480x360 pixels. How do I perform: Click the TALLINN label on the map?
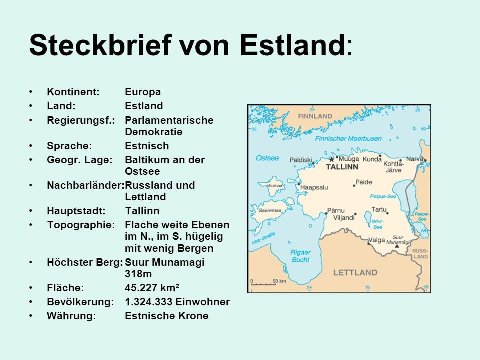click(342, 167)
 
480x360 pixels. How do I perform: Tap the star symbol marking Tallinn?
click(331, 159)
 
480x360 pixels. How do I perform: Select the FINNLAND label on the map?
click(315, 116)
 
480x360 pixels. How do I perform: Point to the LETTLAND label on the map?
click(355, 272)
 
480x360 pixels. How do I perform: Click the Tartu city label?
click(379, 210)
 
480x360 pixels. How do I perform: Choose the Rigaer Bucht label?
click(300, 256)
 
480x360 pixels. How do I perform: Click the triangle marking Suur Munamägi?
click(397, 246)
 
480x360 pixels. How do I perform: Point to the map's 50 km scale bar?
click(263, 284)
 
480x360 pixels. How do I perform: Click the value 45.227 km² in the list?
click(152, 287)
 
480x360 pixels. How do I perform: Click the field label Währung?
click(71, 316)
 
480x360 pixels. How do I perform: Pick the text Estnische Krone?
click(166, 316)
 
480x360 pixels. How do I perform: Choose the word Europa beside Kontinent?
click(143, 92)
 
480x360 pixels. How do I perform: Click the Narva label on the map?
click(414, 159)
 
